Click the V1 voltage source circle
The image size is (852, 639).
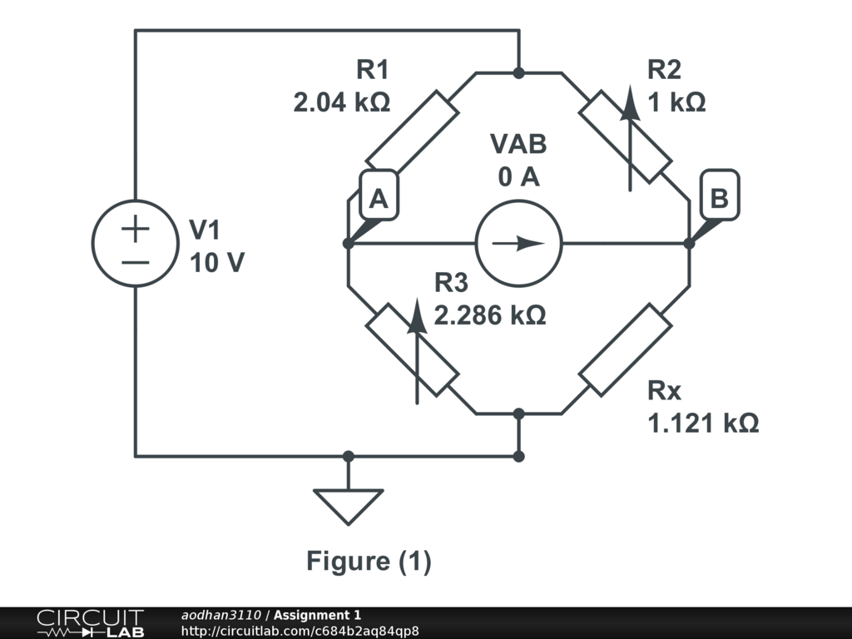pos(135,244)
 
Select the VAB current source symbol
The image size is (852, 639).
pos(518,244)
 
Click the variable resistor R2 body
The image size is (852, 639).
pos(626,136)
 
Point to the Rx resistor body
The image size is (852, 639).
pos(626,349)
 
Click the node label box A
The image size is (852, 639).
pos(379,197)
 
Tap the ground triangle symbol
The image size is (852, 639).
pos(348,504)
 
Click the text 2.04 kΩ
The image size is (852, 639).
pos(341,102)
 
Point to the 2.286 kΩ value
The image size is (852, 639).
pos(490,315)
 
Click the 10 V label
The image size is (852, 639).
pos(217,263)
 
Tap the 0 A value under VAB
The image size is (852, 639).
pos(518,176)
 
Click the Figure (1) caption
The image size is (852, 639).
pos(369,561)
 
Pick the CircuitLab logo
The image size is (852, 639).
pos(90,623)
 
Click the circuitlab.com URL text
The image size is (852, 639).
pos(300,631)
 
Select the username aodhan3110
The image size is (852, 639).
pos(222,615)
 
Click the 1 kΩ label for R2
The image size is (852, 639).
pos(676,102)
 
